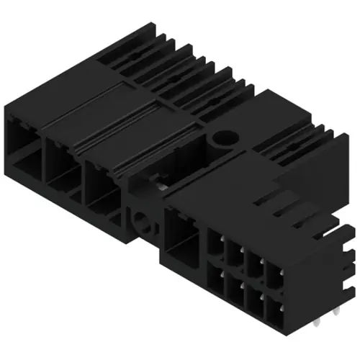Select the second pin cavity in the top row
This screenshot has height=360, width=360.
pos(235,254)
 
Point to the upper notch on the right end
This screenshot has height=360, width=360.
pos(348,234)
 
